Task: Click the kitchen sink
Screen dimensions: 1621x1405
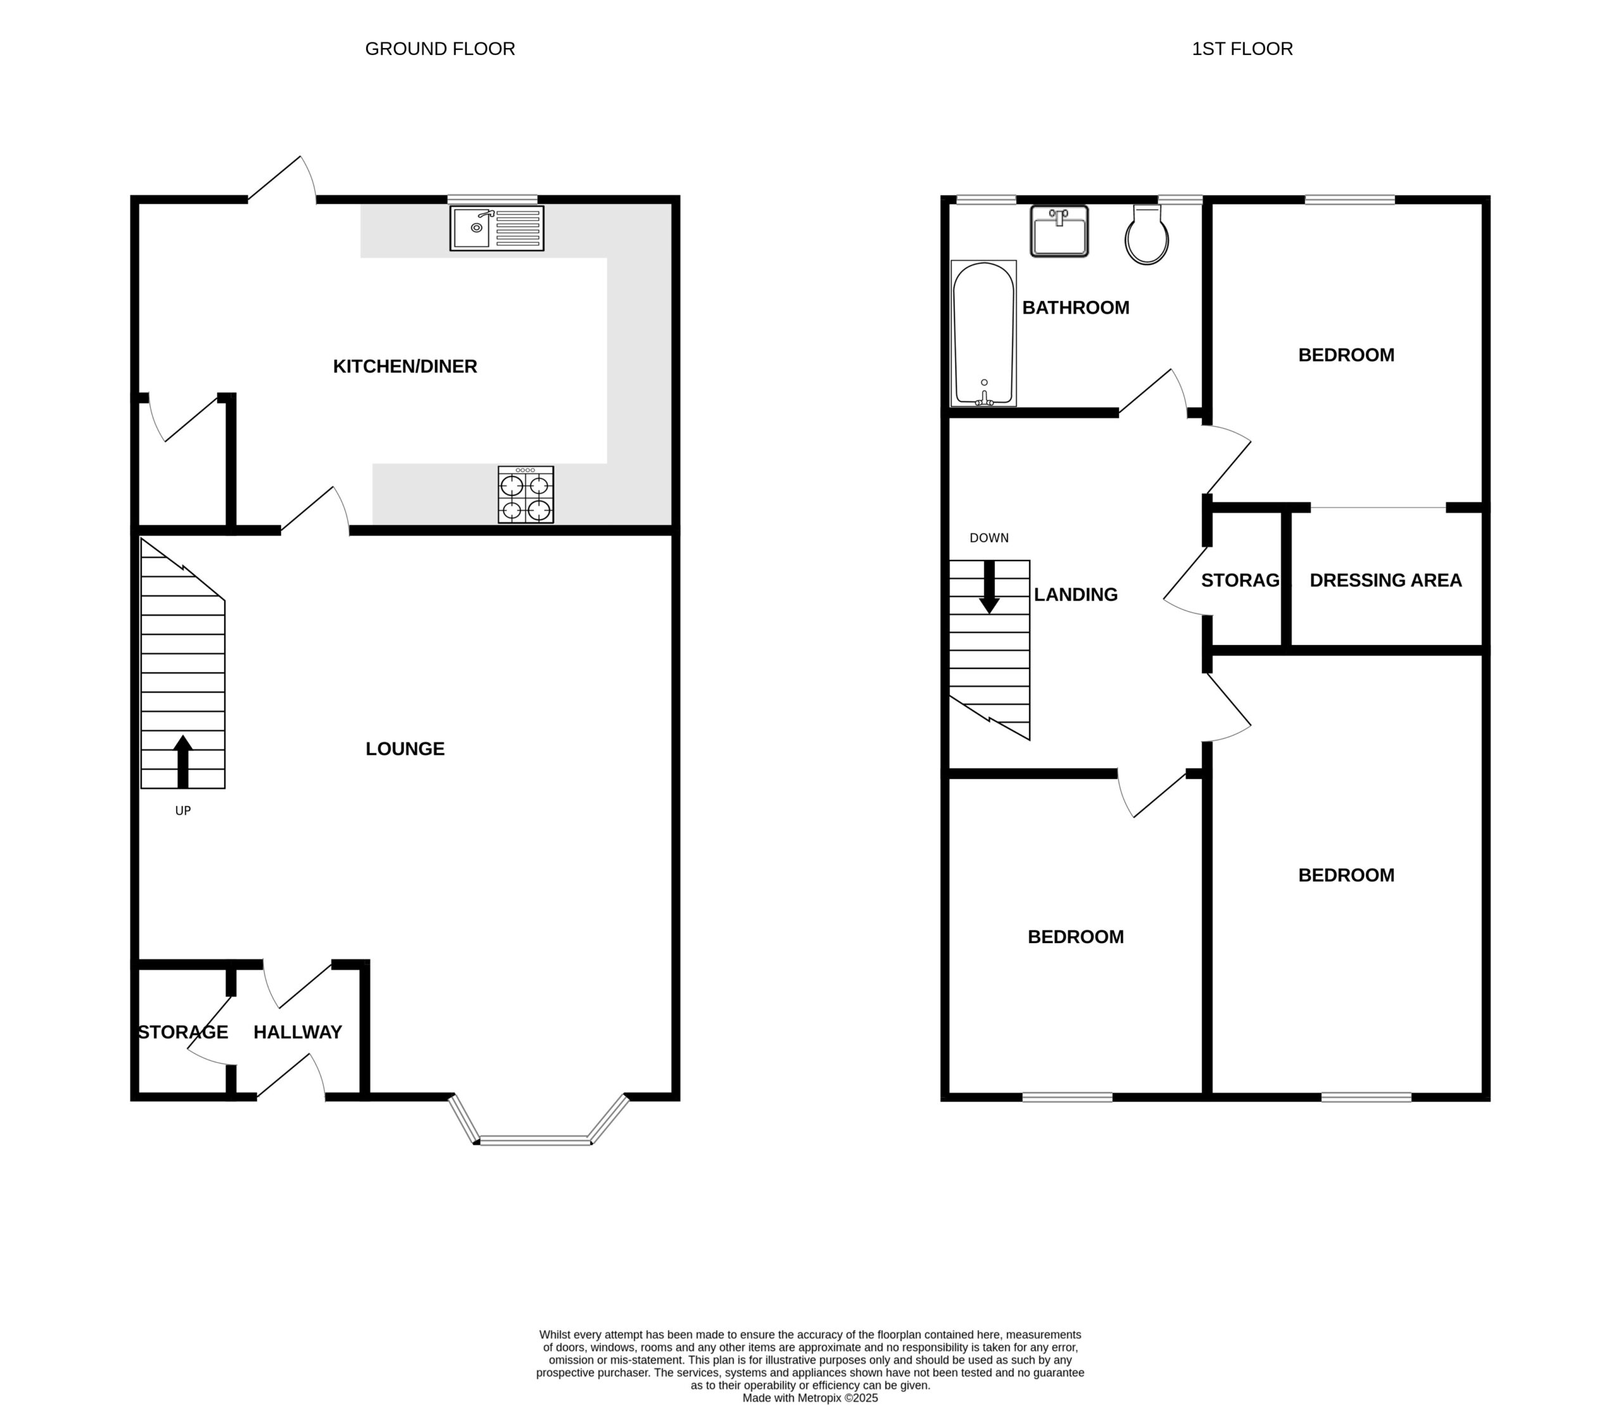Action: point(497,228)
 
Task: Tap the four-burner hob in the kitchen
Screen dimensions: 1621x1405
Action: point(526,495)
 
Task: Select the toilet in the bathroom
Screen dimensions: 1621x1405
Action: point(1147,234)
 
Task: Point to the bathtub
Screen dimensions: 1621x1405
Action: point(984,333)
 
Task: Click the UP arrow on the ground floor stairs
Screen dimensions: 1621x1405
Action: point(182,761)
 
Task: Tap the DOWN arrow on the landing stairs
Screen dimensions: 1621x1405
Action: point(989,587)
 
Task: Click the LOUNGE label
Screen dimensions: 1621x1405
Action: point(405,749)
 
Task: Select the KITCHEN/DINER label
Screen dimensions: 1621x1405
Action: point(405,366)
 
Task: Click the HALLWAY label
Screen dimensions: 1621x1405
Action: point(298,1032)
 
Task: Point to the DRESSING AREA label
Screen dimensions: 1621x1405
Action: point(1386,580)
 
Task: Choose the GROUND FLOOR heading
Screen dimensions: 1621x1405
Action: point(441,49)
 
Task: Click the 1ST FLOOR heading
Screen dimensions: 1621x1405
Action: point(1242,49)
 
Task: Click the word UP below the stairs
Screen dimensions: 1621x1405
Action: point(182,811)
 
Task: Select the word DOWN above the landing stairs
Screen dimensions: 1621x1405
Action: point(989,538)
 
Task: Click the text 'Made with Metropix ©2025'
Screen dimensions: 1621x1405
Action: point(810,1398)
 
